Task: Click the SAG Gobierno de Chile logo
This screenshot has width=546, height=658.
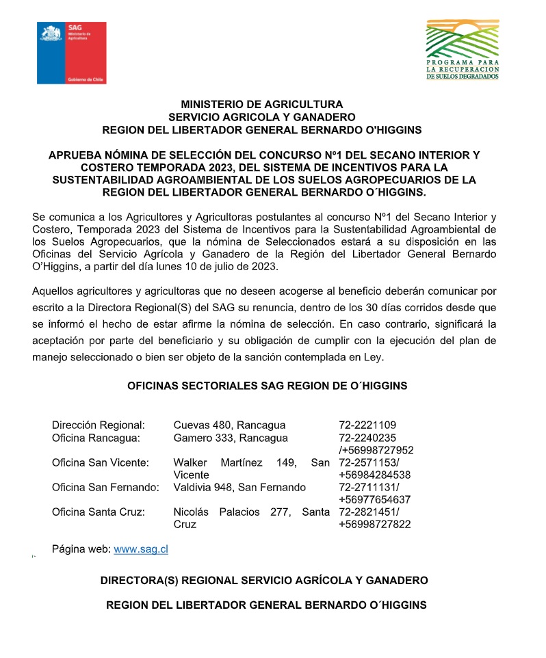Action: [71, 53]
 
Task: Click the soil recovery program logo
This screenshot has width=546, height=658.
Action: [462, 49]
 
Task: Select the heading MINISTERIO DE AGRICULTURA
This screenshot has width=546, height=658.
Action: [262, 105]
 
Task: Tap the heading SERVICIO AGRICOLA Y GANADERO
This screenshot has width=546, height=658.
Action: [262, 117]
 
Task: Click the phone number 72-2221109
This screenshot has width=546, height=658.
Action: [367, 425]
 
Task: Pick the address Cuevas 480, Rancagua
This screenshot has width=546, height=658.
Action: [229, 425]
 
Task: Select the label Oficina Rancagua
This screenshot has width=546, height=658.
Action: [96, 438]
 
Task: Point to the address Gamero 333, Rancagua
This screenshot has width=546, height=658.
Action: [231, 438]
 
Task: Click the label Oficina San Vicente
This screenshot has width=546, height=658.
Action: [100, 462]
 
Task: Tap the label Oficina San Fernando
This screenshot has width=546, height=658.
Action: [105, 487]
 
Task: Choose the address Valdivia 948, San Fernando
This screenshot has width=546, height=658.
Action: [239, 487]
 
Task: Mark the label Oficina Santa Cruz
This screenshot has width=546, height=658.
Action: [98, 512]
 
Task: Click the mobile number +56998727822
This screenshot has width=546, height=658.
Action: [375, 524]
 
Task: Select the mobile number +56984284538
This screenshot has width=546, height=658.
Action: [375, 475]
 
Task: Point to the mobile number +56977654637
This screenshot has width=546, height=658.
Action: [375, 499]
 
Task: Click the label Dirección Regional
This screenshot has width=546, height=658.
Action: [99, 425]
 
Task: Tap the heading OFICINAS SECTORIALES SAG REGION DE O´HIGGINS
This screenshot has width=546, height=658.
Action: [268, 386]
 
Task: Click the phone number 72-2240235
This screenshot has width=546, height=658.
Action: [367, 438]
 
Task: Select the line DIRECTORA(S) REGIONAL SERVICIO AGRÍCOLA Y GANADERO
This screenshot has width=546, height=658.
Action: [264, 580]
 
